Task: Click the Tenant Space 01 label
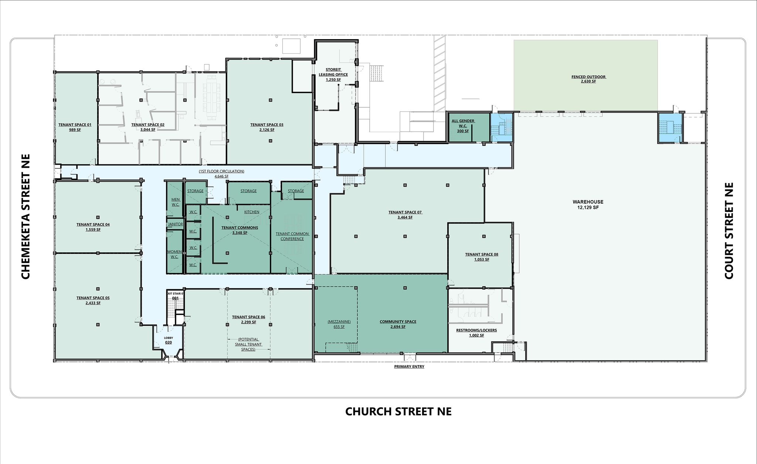(75, 124)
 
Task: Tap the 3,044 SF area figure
(148, 130)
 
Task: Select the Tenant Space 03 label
(267, 124)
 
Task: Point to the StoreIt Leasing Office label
(333, 72)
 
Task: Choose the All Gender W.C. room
(463, 126)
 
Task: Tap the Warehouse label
(588, 202)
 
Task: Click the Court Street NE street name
(729, 231)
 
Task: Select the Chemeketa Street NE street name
(26, 216)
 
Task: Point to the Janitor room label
(175, 224)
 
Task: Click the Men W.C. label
(176, 202)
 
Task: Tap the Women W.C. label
(174, 254)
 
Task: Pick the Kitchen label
(252, 212)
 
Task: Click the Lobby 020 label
(168, 340)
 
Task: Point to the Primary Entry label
(409, 367)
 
